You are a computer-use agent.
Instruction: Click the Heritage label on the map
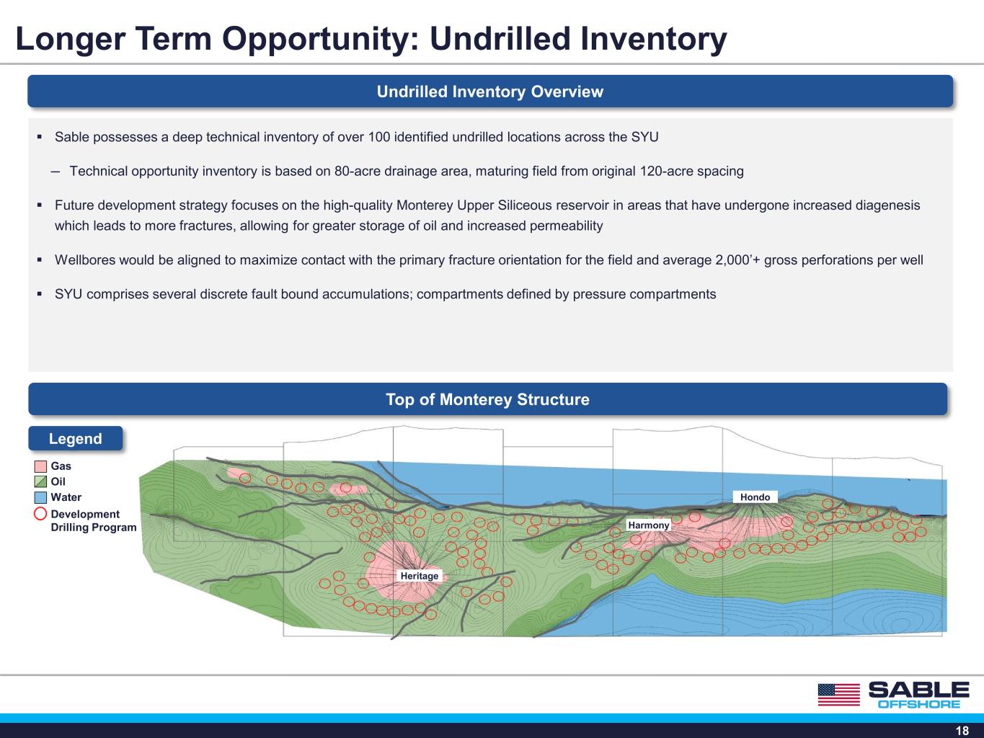pos(419,576)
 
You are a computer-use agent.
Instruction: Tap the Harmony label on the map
pos(648,525)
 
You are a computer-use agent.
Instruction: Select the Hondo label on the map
pos(755,497)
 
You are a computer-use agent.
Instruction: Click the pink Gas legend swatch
pos(40,466)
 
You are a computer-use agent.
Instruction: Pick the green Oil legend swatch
pos(40,481)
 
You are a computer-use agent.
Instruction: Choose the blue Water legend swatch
pos(40,497)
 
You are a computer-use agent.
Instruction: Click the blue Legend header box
pos(75,438)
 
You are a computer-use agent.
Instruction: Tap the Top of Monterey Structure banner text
pos(488,399)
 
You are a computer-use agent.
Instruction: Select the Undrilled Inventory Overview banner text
pos(490,92)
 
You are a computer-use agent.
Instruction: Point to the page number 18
pos(962,731)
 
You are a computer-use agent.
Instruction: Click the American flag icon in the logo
pos(839,695)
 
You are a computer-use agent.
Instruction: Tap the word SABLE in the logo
pos(919,689)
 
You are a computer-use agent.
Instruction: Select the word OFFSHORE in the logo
pos(919,704)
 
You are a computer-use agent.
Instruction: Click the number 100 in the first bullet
pos(379,137)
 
